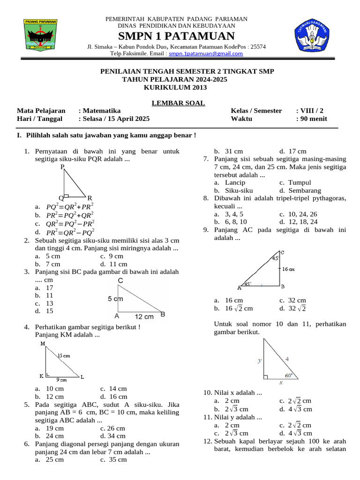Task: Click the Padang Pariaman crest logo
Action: (x=41, y=35)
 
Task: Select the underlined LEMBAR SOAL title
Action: (x=178, y=103)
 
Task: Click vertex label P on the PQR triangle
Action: (x=62, y=167)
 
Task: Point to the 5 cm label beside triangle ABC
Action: (x=115, y=299)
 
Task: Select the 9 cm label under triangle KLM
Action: (x=62, y=380)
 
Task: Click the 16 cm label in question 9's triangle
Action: (x=288, y=269)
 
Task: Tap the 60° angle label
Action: (x=289, y=375)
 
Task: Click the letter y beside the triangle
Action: (x=259, y=360)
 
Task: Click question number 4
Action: (x=27, y=327)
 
